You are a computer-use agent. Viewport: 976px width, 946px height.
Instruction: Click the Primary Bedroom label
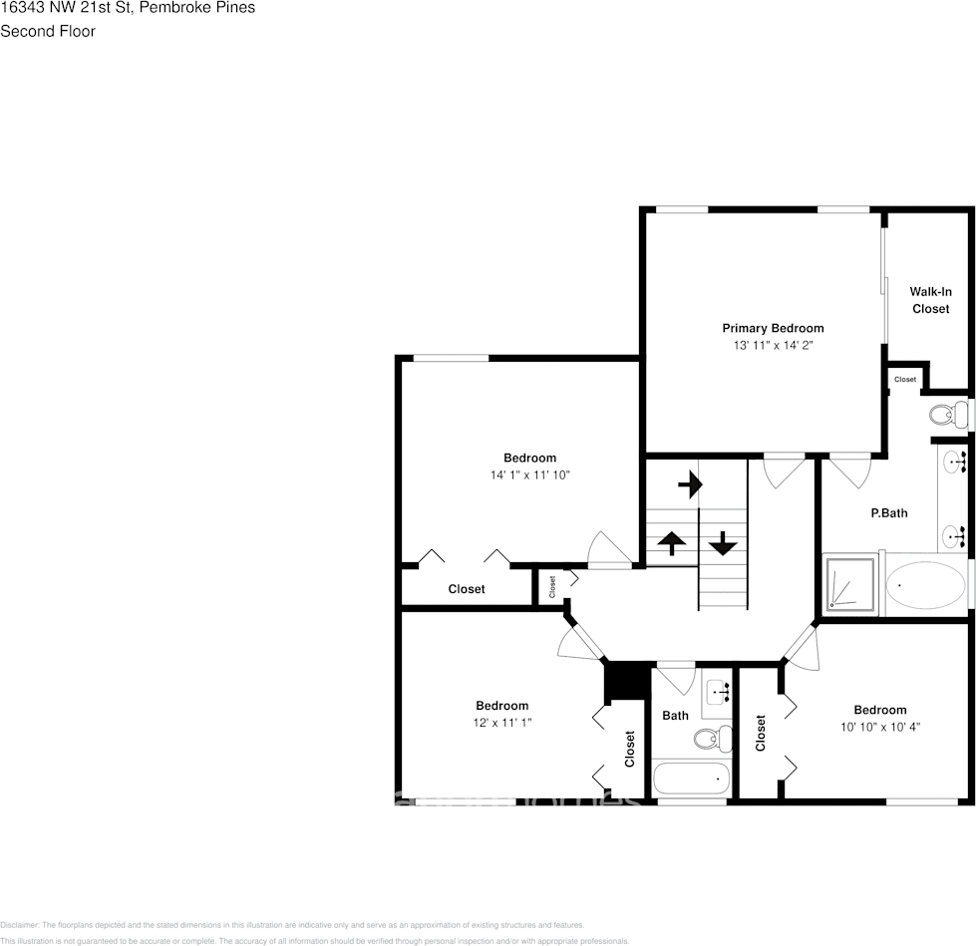click(773, 328)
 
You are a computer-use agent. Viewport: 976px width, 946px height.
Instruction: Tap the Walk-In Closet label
click(930, 300)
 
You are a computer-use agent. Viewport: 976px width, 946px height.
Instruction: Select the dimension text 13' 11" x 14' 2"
click(773, 345)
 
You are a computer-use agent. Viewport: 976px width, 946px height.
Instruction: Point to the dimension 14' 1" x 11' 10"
click(529, 475)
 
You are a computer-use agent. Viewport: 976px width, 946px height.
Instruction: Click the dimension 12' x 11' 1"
click(501, 723)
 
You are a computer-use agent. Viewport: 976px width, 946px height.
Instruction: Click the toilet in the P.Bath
click(947, 413)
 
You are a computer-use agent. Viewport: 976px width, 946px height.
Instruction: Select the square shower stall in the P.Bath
click(850, 585)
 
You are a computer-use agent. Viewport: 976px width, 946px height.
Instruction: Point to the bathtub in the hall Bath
click(691, 778)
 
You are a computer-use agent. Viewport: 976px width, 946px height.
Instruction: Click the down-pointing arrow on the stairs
click(723, 544)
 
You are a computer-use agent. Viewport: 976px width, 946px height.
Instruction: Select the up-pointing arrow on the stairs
click(672, 543)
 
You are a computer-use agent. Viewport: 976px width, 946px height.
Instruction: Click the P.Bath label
click(888, 513)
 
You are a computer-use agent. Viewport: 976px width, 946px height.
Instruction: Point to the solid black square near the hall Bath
click(626, 682)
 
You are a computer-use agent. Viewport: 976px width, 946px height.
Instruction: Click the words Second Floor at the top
click(48, 31)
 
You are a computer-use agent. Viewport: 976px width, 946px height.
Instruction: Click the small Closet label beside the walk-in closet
click(904, 380)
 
